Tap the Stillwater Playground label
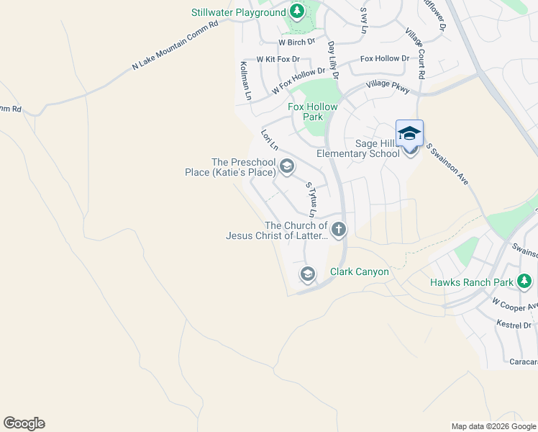tap(238, 13)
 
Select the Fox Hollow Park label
tap(312, 112)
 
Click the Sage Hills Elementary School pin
tap(409, 135)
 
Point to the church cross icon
tap(338, 230)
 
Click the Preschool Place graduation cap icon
tap(286, 168)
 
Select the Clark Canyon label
tap(359, 272)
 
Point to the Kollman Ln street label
tap(245, 81)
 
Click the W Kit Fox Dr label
tap(279, 59)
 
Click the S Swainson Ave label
tap(447, 164)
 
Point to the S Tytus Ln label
tap(311, 199)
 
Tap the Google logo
tap(24, 423)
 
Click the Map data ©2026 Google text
tap(493, 426)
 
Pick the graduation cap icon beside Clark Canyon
tap(307, 274)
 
